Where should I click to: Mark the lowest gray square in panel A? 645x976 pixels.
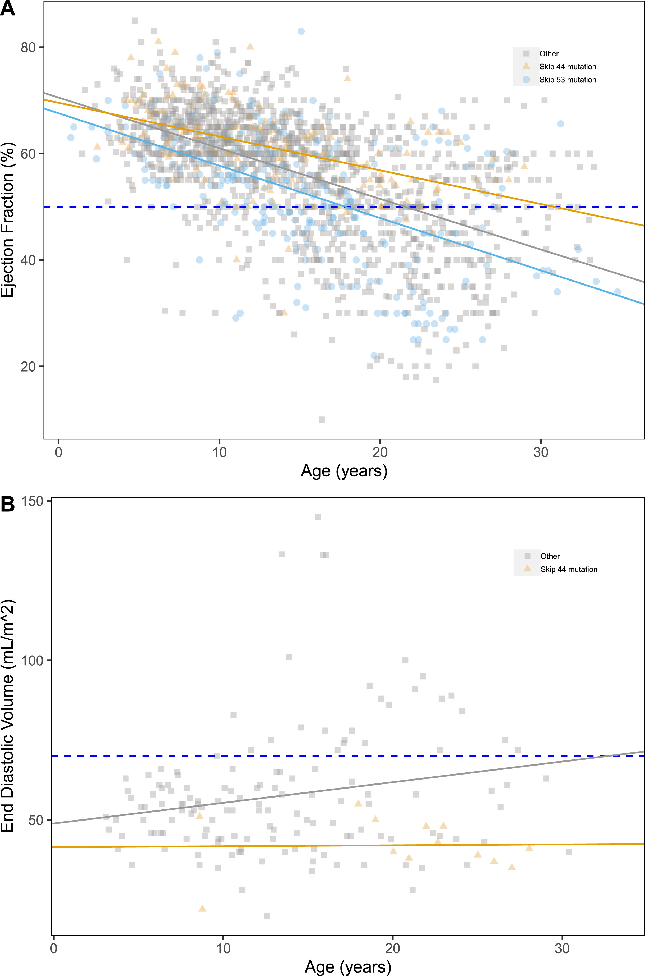322,419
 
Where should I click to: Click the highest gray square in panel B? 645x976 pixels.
318,517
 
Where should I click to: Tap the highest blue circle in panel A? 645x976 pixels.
301,31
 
